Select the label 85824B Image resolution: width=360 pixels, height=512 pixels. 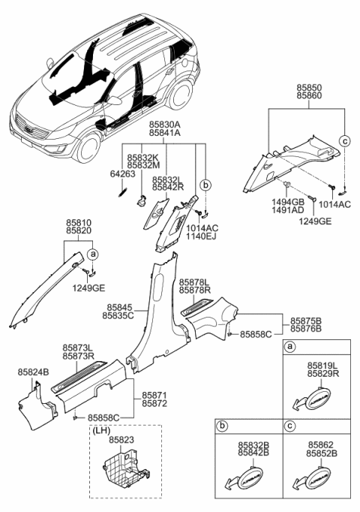[x=33, y=371]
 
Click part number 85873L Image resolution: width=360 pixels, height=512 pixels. [x=78, y=348]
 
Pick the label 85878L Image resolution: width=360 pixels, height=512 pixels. [x=194, y=282]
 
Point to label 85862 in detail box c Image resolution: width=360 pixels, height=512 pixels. [x=322, y=444]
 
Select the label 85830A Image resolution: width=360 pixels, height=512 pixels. [x=164, y=123]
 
